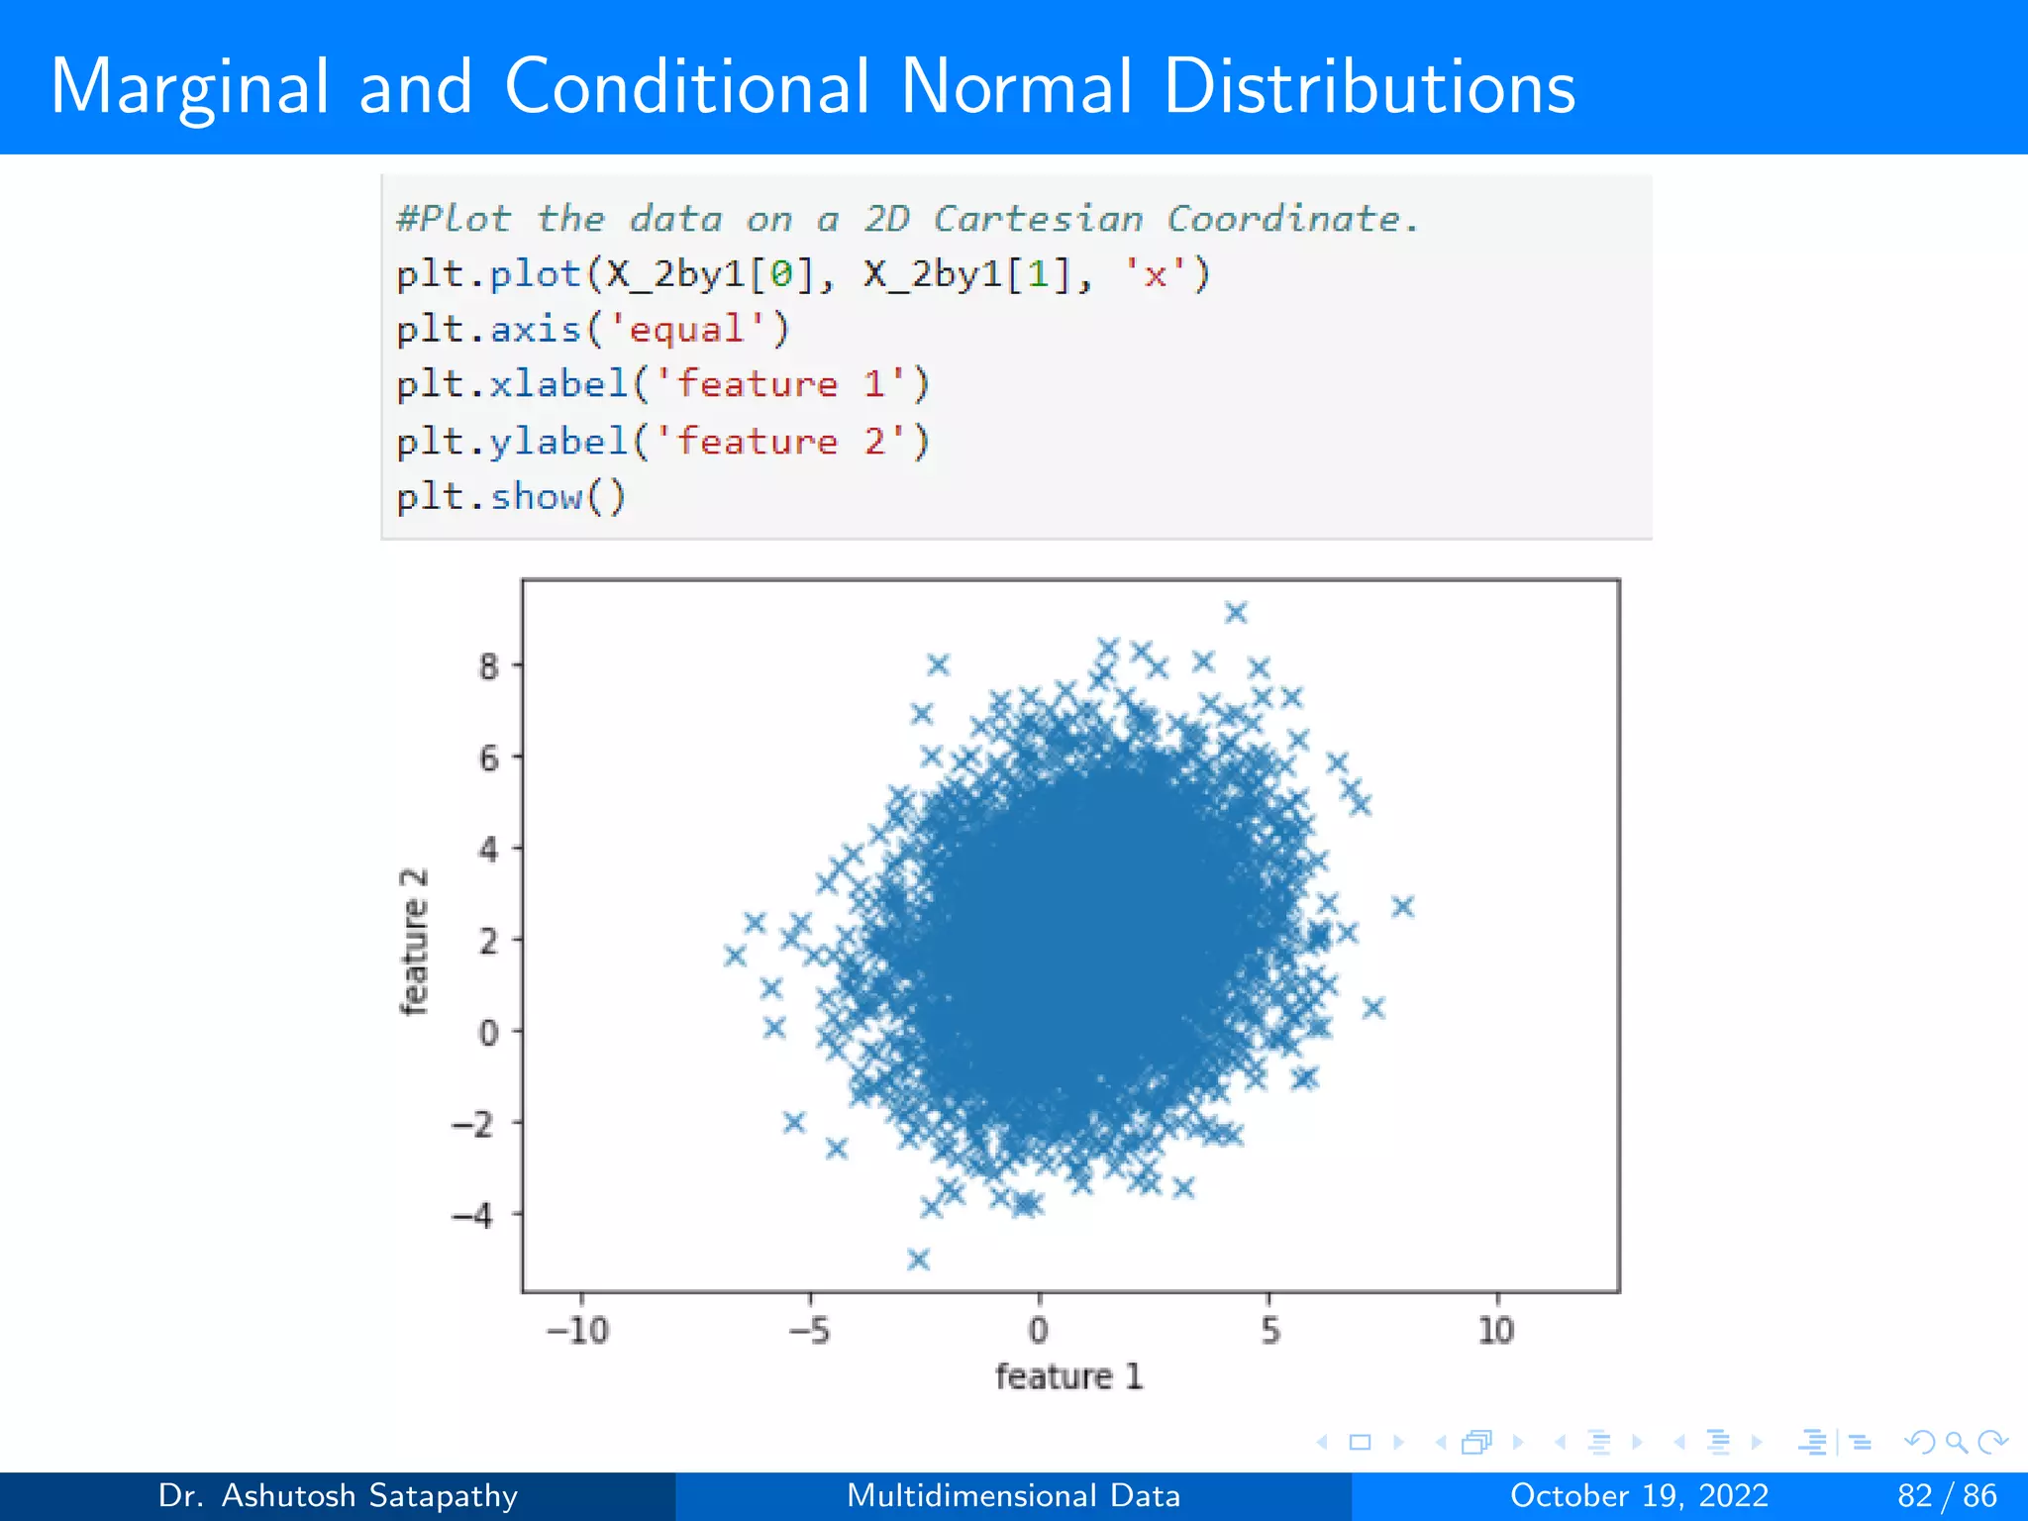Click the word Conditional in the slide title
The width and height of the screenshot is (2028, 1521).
coord(687,87)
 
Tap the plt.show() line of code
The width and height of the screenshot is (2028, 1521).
coord(511,496)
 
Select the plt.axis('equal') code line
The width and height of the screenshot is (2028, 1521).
coord(592,329)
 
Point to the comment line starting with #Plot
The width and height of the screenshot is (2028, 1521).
coord(906,219)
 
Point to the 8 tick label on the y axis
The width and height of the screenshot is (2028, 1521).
coord(488,666)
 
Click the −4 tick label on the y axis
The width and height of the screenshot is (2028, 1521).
coord(473,1215)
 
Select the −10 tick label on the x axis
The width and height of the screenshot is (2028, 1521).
coord(578,1330)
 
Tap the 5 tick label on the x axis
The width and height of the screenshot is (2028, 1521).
coord(1270,1330)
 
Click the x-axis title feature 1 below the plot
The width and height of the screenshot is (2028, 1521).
coord(1068,1376)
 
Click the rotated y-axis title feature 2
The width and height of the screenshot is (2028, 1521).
coord(414,942)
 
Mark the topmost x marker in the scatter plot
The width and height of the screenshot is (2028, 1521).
coord(1236,613)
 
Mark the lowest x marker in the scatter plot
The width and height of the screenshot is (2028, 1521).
coord(918,1260)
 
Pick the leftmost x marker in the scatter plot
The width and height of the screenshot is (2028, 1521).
coord(735,956)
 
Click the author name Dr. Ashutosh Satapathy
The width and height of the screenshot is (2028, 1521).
coord(338,1495)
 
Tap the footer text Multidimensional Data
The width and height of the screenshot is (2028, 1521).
coord(1013,1495)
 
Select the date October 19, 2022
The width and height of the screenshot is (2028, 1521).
coord(1639,1495)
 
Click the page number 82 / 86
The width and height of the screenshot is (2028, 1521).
coord(1947,1495)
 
